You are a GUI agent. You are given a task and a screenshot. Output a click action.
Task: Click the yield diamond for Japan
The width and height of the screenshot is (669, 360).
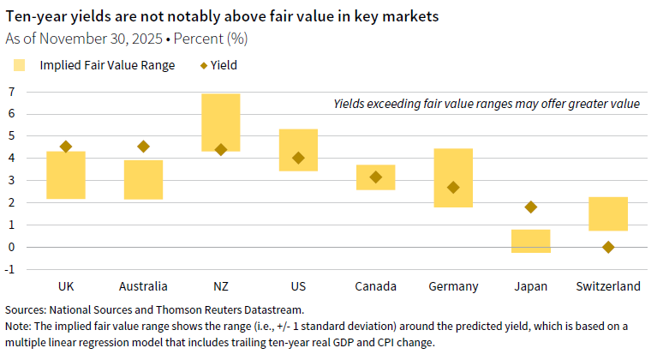pyautogui.click(x=531, y=207)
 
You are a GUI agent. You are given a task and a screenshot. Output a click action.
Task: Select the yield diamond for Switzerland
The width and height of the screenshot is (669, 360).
pyautogui.click(x=608, y=247)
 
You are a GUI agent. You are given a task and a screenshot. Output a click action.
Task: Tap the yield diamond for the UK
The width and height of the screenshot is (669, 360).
pyautogui.click(x=66, y=147)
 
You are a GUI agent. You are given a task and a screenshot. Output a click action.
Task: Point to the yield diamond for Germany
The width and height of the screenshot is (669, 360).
pyautogui.click(x=453, y=187)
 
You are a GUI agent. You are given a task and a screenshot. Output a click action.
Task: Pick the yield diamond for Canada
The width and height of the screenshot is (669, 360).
pyautogui.click(x=375, y=177)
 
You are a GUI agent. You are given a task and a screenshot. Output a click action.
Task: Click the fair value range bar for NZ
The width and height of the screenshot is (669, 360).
pyautogui.click(x=220, y=122)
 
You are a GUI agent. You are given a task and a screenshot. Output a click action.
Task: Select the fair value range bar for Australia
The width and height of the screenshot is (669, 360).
pyautogui.click(x=143, y=179)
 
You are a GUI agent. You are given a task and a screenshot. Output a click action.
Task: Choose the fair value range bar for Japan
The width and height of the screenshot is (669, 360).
pyautogui.click(x=531, y=241)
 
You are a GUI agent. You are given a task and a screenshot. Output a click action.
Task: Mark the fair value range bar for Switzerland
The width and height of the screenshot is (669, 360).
pyautogui.click(x=608, y=213)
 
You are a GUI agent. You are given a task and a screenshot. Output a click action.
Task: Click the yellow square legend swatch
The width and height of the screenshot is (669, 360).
pyautogui.click(x=21, y=64)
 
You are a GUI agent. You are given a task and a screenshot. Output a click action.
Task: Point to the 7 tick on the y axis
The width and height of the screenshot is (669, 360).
pyautogui.click(x=12, y=91)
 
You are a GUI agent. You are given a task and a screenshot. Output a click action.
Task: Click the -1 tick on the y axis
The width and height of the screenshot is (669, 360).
pyautogui.click(x=10, y=269)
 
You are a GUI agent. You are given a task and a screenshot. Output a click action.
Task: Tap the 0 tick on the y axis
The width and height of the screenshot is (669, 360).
pyautogui.click(x=12, y=247)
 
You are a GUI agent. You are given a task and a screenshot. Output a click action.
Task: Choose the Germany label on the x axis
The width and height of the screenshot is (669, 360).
pyautogui.click(x=453, y=286)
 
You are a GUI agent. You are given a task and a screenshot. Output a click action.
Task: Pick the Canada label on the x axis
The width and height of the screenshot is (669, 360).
pyautogui.click(x=375, y=286)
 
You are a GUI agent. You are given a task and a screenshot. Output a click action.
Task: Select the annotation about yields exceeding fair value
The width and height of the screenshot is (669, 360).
pyautogui.click(x=486, y=104)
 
